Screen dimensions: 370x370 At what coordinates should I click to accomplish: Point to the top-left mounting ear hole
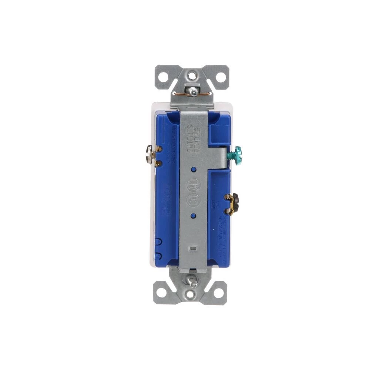(x=162, y=77)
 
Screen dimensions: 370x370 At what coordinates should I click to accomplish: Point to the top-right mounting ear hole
(x=220, y=77)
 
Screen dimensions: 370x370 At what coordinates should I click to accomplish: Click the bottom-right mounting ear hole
(x=220, y=292)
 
